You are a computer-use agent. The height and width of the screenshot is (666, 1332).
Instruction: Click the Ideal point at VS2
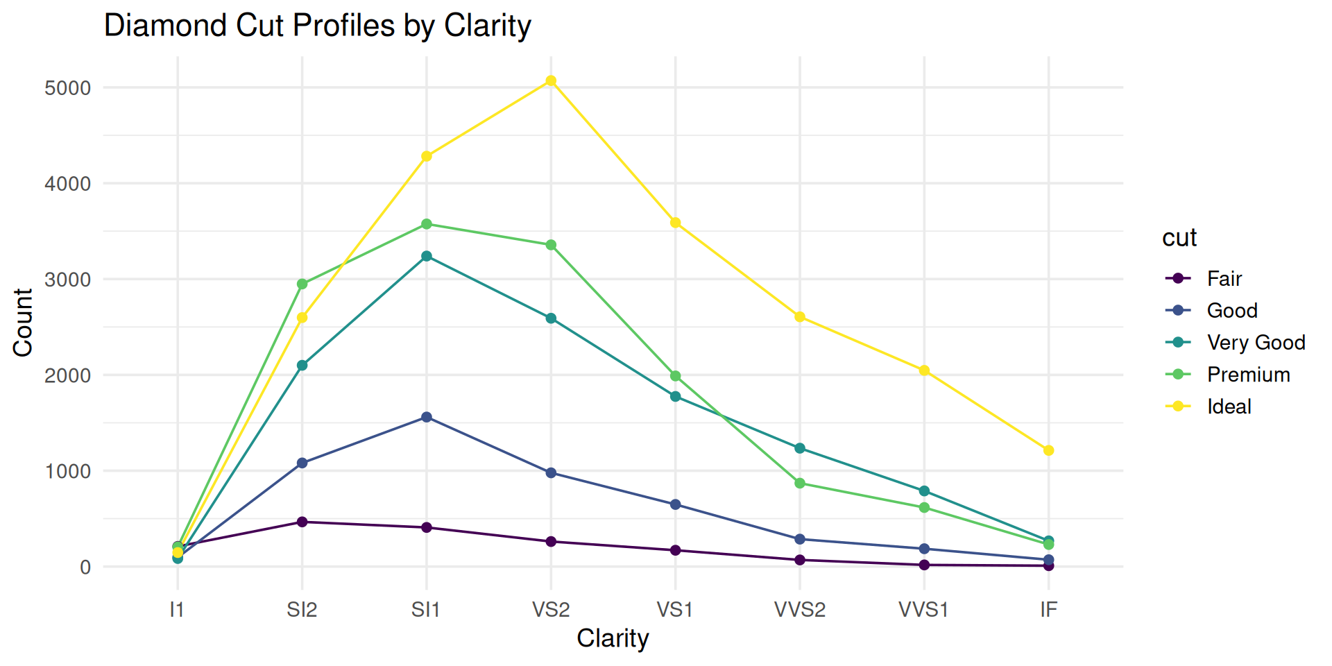point(551,81)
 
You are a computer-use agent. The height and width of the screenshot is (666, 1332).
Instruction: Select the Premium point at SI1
point(427,224)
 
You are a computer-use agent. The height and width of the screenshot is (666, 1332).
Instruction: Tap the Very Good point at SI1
point(427,256)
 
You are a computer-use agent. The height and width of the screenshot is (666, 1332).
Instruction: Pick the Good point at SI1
point(427,417)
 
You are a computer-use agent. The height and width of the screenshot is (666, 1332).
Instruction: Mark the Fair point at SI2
point(302,522)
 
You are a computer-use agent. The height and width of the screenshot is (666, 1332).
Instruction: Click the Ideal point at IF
point(1048,450)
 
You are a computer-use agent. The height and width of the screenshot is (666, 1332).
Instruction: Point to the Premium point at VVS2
point(800,484)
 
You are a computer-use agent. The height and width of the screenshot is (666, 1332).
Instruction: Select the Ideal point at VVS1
point(924,370)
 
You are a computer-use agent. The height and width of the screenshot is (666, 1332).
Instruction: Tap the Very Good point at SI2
point(302,366)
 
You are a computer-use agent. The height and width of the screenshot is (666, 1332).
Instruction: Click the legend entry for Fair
point(1224,279)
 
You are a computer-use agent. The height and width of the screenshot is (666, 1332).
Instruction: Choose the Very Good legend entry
point(1256,343)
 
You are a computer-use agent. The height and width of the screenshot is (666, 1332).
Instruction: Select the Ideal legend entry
point(1229,407)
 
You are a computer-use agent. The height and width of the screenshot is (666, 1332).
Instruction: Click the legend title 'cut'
point(1179,238)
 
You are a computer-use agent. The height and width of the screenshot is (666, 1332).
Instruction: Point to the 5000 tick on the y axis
point(67,88)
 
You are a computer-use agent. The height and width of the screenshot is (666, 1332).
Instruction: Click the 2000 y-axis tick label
point(67,375)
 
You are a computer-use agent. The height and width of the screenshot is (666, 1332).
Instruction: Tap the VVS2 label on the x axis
point(800,610)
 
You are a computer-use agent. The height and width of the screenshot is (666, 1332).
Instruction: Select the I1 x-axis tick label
point(177,610)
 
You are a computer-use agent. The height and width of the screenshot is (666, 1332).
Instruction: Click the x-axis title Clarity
point(613,638)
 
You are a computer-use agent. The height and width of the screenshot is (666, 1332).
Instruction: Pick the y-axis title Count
point(23,323)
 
